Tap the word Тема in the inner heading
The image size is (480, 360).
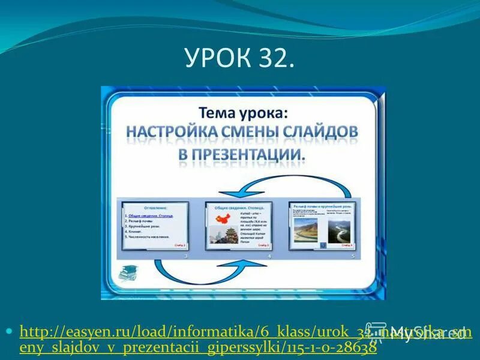218,112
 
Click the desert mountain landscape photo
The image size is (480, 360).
305,232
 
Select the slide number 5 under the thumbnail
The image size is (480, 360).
353,256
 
